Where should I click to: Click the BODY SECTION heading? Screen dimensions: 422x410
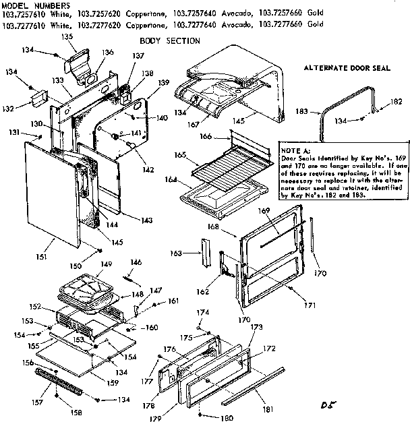(x=169, y=41)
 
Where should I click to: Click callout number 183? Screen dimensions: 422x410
(x=321, y=111)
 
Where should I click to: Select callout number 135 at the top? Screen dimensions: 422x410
(x=66, y=37)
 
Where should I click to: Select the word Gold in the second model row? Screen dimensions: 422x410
(x=314, y=25)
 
